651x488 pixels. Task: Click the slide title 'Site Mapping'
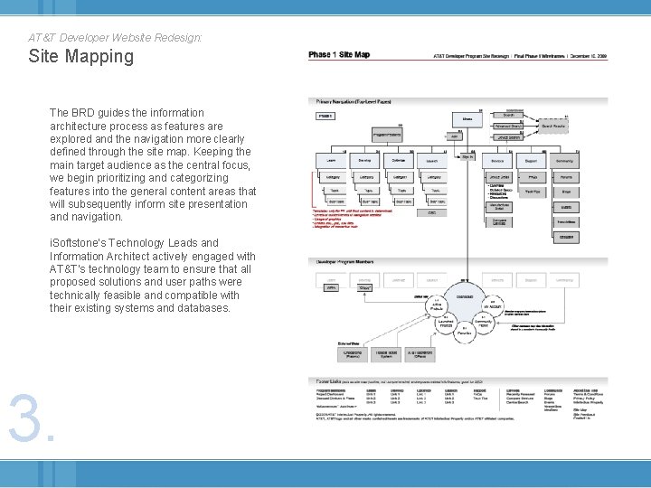80,57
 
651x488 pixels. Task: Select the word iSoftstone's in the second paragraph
80,243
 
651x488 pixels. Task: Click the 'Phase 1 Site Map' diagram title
339,55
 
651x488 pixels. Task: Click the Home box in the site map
467,118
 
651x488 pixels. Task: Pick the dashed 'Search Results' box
553,127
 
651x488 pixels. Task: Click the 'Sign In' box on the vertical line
467,157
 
